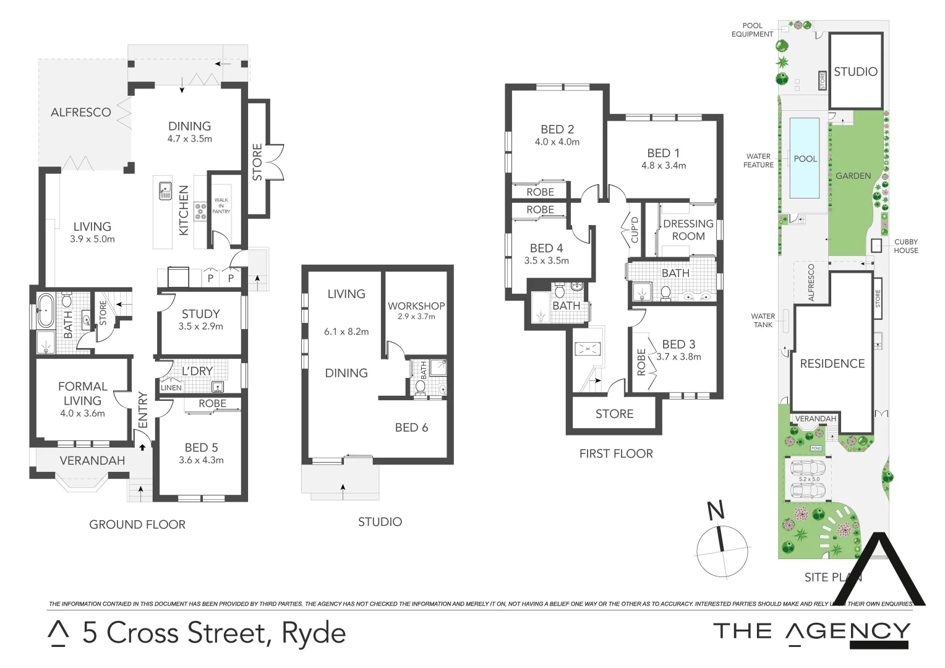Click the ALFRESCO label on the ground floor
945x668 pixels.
pyautogui.click(x=81, y=113)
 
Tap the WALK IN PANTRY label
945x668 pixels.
pyautogui.click(x=221, y=206)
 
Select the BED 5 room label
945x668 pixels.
pyautogui.click(x=201, y=447)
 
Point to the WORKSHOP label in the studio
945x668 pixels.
pyautogui.click(x=416, y=306)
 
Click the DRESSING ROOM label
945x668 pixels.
pyautogui.click(x=688, y=230)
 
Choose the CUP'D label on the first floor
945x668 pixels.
pyautogui.click(x=635, y=229)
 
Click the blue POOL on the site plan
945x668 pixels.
pyautogui.click(x=805, y=158)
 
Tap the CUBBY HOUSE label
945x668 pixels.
pyautogui.click(x=905, y=246)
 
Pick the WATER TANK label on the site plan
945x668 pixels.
pyautogui.click(x=763, y=320)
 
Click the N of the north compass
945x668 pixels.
pyautogui.click(x=716, y=511)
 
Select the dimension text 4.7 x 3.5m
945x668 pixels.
pyautogui.click(x=189, y=139)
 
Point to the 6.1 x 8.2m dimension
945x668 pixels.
pyautogui.click(x=346, y=332)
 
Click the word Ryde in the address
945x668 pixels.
pyautogui.click(x=314, y=633)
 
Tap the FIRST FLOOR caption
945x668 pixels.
pyautogui.click(x=616, y=454)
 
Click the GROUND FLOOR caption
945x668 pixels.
pyautogui.click(x=137, y=525)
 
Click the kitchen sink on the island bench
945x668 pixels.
pyautogui.click(x=165, y=191)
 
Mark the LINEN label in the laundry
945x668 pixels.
pyautogui.click(x=171, y=388)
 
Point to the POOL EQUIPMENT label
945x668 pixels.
pyautogui.click(x=752, y=30)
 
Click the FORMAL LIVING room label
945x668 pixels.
pyautogui.click(x=82, y=393)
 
